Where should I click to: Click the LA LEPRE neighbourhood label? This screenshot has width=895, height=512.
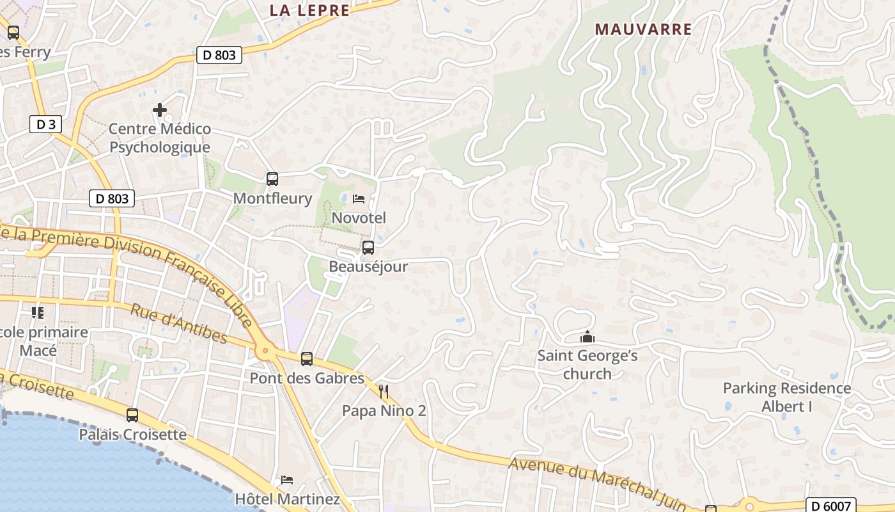(309, 10)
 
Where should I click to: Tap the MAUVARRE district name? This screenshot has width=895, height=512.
(643, 29)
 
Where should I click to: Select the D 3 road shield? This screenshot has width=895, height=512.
(45, 124)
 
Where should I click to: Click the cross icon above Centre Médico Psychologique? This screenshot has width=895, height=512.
(160, 111)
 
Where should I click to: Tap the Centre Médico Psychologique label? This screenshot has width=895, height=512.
(160, 138)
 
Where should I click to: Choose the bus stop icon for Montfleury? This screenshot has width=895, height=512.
(272, 179)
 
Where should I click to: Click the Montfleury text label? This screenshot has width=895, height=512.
(272, 198)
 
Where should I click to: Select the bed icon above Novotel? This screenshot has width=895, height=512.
(359, 199)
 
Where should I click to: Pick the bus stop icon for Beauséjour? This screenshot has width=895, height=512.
(368, 248)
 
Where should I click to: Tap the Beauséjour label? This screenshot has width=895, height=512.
(368, 266)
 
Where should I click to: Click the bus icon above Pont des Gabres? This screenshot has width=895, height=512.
(307, 359)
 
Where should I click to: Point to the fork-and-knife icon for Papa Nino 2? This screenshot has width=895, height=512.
(384, 391)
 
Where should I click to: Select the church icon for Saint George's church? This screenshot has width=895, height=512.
(587, 337)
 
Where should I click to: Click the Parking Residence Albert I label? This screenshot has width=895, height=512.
(787, 397)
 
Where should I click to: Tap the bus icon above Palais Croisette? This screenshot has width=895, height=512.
(132, 415)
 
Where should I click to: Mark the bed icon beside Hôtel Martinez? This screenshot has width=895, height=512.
(287, 480)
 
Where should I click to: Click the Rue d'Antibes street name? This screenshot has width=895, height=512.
(179, 323)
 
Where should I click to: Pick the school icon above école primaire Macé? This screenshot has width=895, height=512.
(38, 313)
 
